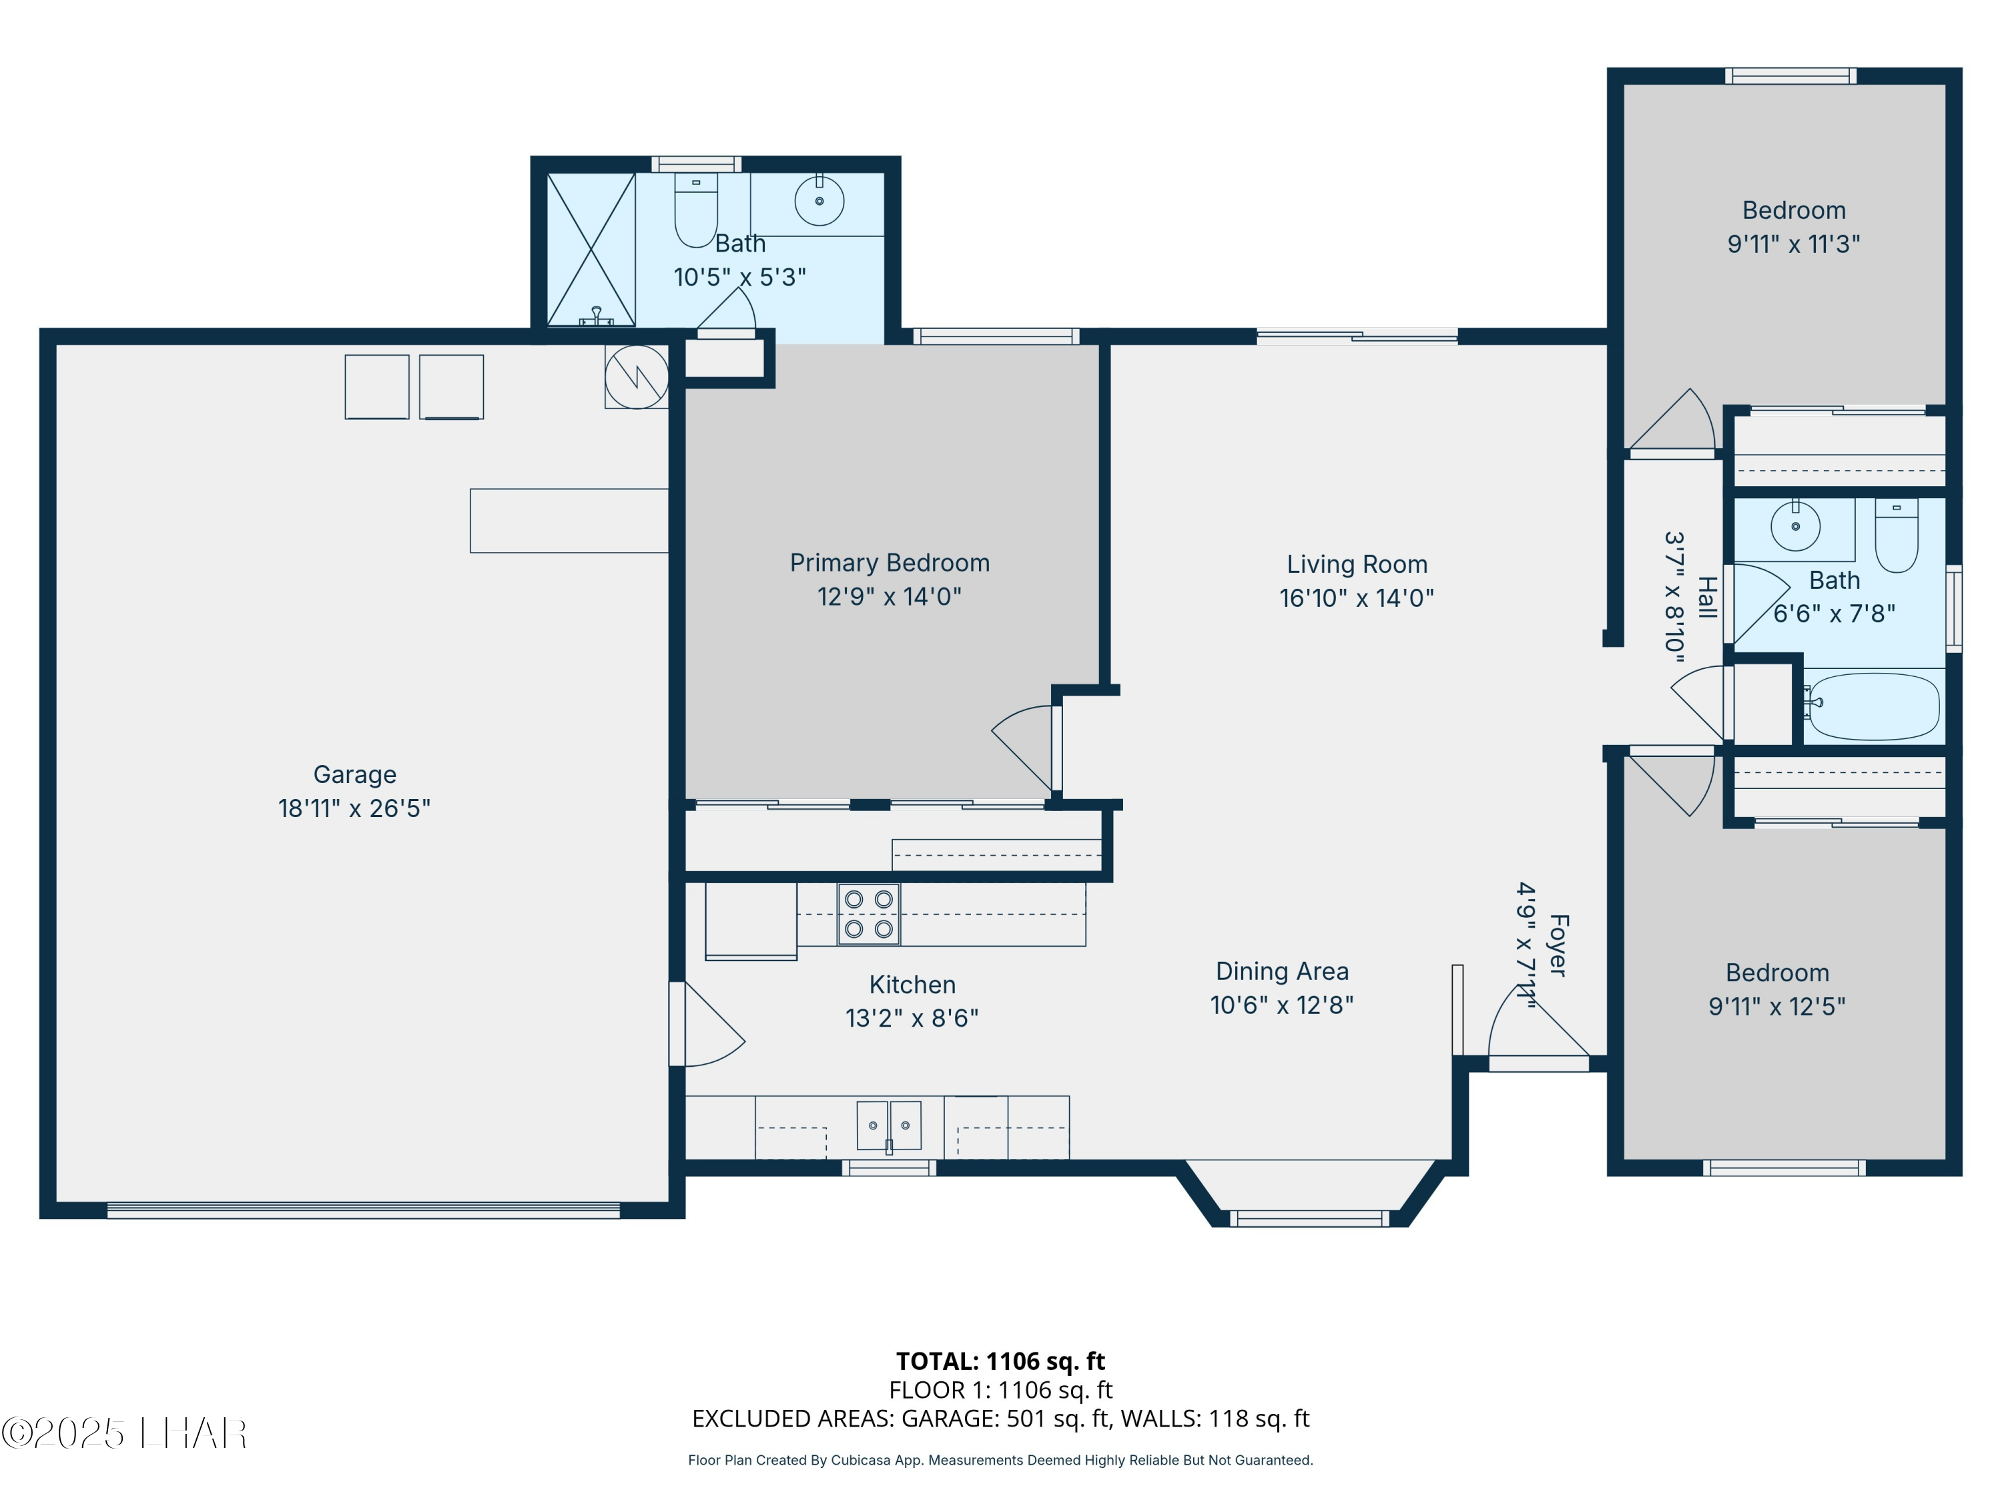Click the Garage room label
click(x=355, y=775)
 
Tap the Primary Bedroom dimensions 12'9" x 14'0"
click(x=890, y=597)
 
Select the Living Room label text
click(x=1357, y=564)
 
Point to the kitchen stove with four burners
click(x=869, y=915)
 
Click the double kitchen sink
click(x=889, y=1125)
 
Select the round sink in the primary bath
click(x=819, y=201)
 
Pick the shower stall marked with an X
click(x=591, y=249)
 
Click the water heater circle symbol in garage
click(x=637, y=377)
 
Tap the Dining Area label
click(x=1281, y=971)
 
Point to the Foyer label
click(x=1558, y=945)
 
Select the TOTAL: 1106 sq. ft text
click(x=1000, y=1360)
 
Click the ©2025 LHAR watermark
click(x=124, y=1433)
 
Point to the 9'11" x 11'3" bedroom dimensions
click(x=1794, y=244)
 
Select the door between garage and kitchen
click(x=706, y=1024)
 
